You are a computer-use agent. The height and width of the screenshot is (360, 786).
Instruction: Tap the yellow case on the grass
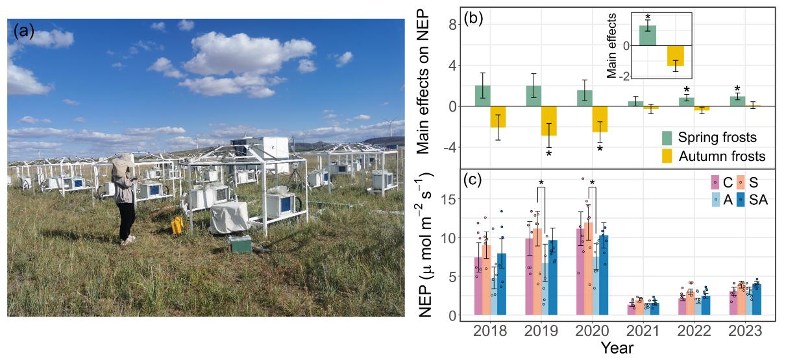pos(177,225)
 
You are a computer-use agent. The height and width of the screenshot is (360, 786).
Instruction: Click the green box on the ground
pos(240,245)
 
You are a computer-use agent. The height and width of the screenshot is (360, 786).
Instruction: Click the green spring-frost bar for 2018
pos(482,96)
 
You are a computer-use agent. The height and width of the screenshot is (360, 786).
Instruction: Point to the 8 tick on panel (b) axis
pos(450,25)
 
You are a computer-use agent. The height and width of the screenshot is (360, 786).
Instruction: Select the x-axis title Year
pos(616,348)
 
